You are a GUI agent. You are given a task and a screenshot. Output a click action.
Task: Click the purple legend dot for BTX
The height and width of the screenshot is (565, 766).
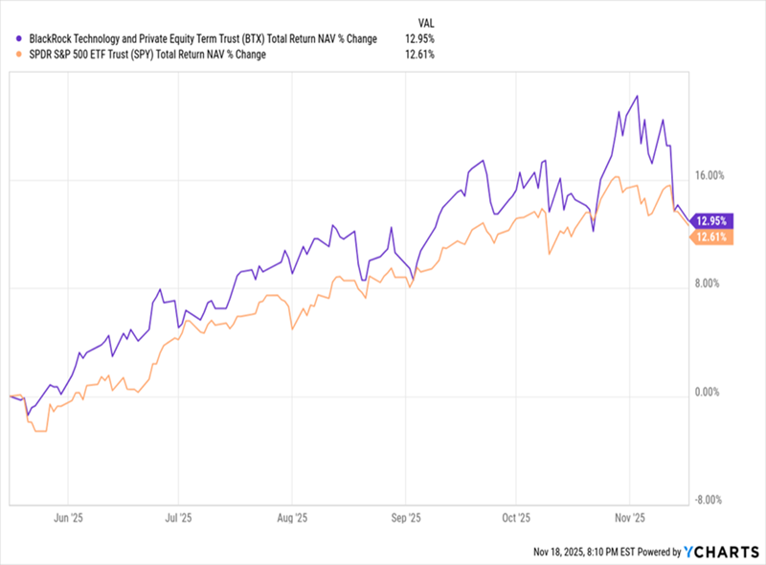(20, 39)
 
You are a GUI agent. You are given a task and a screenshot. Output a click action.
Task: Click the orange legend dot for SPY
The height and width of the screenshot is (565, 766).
(20, 56)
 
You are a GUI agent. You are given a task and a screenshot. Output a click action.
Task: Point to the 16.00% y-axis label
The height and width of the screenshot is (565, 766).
(710, 175)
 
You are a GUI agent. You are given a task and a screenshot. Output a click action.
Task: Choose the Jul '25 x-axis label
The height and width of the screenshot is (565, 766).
(179, 517)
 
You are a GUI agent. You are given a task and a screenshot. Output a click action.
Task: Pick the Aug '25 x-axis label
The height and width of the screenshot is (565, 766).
(290, 517)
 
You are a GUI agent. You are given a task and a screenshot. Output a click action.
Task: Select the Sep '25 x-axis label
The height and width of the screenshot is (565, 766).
(406, 517)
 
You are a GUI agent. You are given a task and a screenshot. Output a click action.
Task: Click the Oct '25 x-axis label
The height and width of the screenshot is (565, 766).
(516, 517)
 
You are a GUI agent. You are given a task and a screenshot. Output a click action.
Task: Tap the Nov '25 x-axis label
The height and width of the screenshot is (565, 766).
(629, 517)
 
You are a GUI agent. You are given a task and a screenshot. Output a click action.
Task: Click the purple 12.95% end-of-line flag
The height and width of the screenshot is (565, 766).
(711, 219)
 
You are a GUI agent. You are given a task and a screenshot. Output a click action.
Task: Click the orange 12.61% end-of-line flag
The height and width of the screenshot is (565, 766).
(711, 237)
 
